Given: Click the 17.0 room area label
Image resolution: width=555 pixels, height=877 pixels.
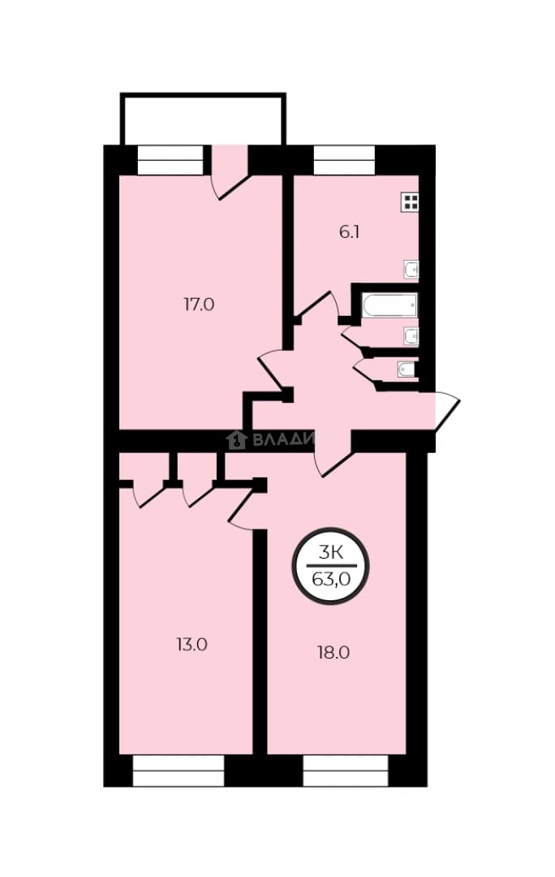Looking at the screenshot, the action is tap(199, 305).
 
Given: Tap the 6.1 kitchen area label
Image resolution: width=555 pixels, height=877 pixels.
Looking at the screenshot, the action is tap(350, 232).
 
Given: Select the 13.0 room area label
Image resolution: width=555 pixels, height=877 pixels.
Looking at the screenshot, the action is tap(191, 645).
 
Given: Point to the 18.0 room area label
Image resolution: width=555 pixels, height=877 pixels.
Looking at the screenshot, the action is tap(333, 653).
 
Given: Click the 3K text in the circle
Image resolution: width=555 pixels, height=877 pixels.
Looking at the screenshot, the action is tap(330, 553).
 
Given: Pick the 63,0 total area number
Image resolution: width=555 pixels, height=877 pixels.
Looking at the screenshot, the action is tap(331, 580).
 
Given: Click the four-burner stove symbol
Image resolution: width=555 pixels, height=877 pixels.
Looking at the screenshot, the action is tap(410, 202).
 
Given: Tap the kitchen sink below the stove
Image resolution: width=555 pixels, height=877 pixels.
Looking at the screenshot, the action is tap(411, 270).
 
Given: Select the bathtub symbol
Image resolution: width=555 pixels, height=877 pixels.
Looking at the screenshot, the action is tap(389, 305).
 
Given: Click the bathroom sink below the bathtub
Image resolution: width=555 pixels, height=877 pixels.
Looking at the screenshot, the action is tap(411, 336).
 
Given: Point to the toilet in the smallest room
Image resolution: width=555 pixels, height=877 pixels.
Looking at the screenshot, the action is tap(407, 369).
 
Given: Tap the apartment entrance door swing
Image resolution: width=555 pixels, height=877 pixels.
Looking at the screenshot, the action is tap(447, 411).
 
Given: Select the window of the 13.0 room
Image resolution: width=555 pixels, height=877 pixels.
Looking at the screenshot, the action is tap(179, 771).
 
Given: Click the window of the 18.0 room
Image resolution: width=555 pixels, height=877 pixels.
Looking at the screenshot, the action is tap(346, 771).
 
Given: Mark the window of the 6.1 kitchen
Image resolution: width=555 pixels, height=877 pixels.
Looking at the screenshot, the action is tap(344, 160).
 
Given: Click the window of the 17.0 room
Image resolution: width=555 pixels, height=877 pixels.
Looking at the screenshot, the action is tap(170, 160).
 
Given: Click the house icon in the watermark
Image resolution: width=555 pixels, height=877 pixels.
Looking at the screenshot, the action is tap(237, 440).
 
